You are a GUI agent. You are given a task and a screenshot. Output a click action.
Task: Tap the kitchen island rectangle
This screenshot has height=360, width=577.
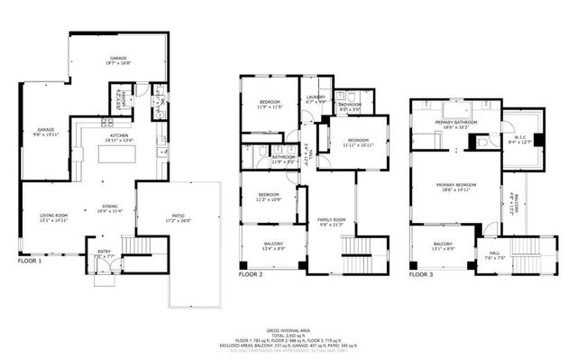117,153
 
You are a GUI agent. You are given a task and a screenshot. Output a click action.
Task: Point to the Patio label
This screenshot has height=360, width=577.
181,217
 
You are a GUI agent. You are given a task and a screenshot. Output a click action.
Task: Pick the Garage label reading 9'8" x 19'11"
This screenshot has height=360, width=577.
46,132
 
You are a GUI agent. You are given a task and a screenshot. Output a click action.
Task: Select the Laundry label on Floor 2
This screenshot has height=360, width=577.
316,99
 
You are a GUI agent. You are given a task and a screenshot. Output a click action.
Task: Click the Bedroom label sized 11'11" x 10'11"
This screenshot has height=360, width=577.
358,142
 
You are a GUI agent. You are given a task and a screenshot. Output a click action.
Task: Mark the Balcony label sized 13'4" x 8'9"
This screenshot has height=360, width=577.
273,245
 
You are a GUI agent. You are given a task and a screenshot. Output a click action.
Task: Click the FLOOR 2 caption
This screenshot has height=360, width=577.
250,273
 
